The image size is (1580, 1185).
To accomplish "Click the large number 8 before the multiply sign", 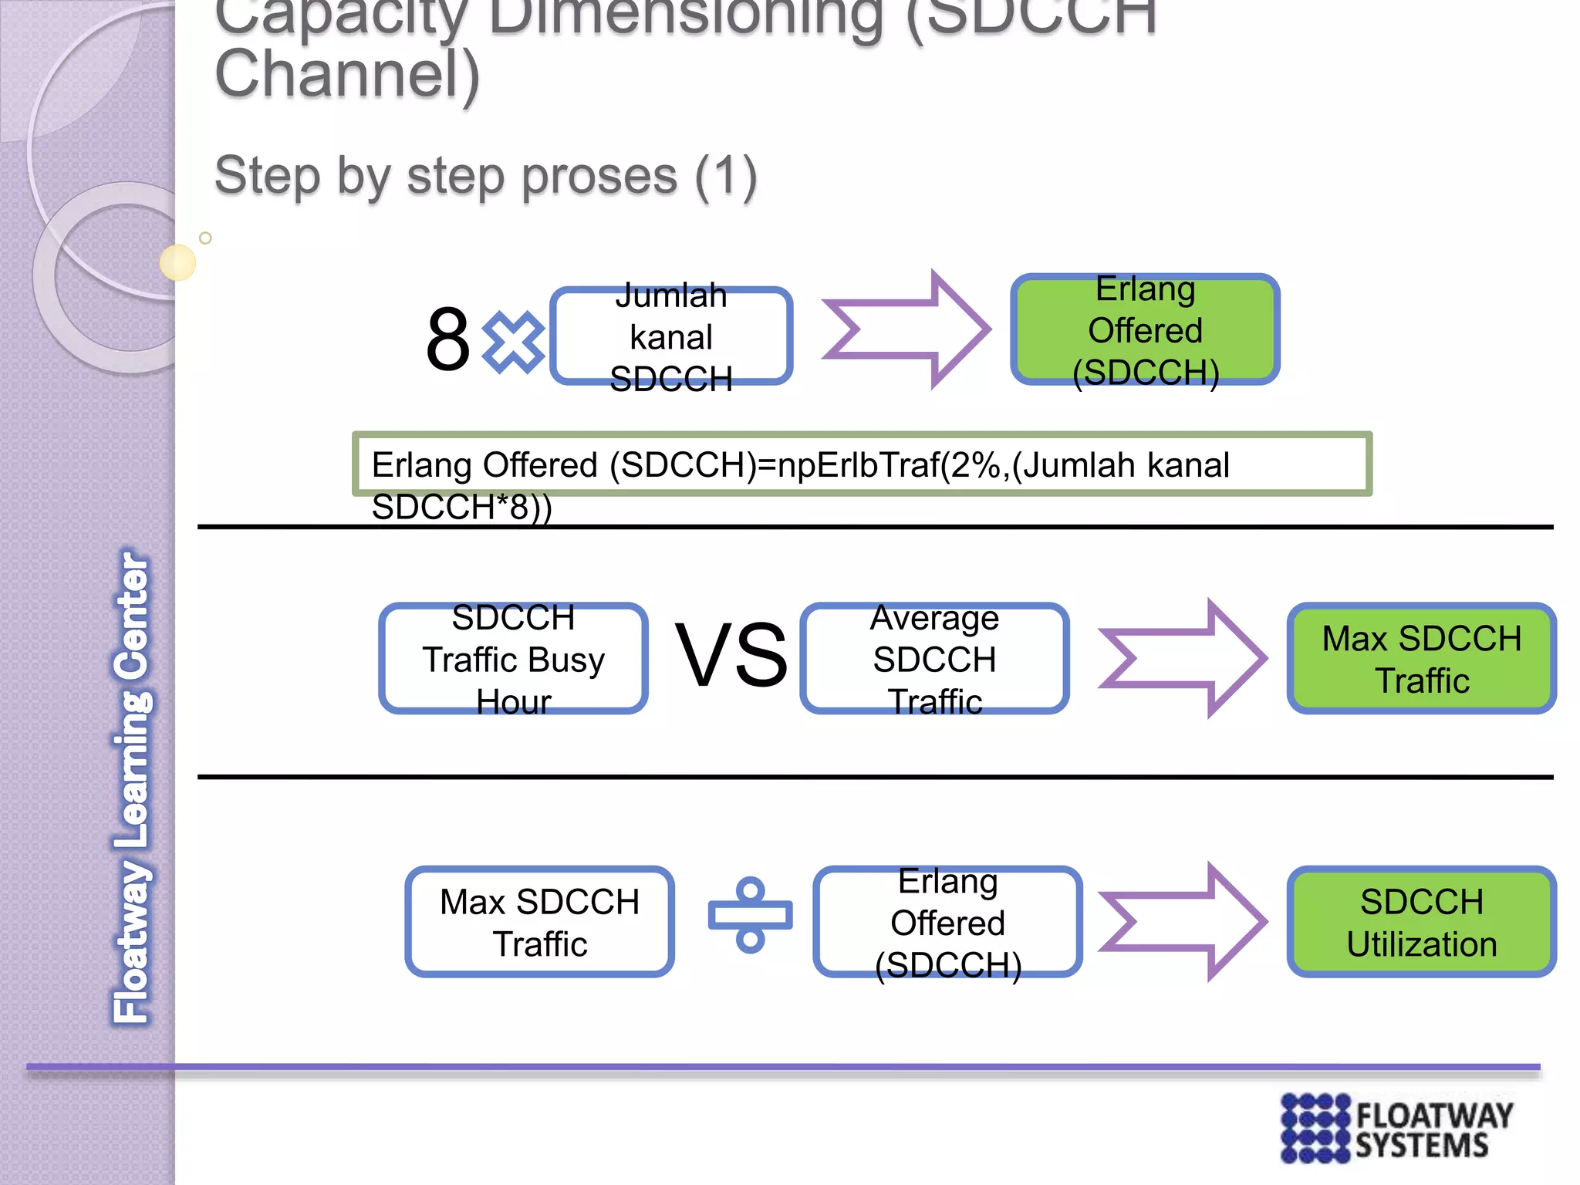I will [447, 339].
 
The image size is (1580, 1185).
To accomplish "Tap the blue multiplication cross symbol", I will [513, 341].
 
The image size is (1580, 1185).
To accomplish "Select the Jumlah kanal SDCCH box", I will [670, 336].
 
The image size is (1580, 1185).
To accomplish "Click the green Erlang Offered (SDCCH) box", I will [1145, 330].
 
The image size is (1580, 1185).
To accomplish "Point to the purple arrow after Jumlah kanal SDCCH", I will [906, 329].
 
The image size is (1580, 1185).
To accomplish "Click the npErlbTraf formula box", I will [862, 464].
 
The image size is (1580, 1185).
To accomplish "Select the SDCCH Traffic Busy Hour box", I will [513, 659].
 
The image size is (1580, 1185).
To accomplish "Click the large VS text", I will [731, 656].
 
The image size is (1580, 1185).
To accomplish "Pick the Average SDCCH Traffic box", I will [934, 659].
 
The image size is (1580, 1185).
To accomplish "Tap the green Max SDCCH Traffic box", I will [1421, 659].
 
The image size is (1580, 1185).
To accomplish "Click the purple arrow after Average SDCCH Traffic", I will [1183, 659].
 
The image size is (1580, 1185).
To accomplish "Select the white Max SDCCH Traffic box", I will [539, 922].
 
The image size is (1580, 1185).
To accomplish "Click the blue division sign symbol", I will [750, 916].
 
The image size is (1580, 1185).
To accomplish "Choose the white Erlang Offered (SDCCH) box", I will [947, 922].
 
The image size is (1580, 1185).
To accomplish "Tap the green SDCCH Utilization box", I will [1421, 922].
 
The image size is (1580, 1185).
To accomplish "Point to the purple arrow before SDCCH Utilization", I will [1183, 922].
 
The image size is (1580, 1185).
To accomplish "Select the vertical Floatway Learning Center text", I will [132, 787].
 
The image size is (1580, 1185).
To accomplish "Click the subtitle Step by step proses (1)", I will [485, 176].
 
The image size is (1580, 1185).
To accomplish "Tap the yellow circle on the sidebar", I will [177, 262].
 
